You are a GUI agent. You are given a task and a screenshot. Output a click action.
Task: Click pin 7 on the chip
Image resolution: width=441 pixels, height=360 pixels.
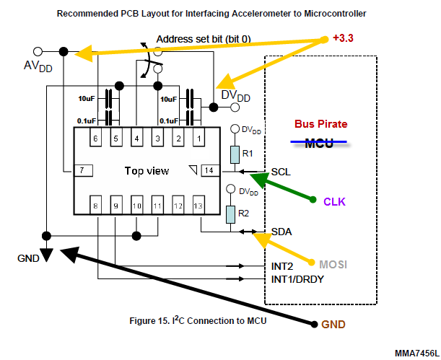83,170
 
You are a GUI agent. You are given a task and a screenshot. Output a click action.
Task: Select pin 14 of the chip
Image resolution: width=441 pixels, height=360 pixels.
210,170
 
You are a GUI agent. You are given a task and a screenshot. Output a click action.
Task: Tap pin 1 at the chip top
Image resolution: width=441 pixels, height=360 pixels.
198,138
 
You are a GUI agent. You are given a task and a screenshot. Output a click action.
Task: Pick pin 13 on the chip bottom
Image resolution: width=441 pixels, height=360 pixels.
198,205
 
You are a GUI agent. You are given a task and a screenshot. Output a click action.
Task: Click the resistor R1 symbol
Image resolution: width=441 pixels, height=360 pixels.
235,154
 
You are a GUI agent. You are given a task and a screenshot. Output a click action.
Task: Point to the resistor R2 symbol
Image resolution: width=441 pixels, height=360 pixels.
231,214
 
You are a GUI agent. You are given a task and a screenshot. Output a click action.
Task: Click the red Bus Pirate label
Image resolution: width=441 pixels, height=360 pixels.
321,124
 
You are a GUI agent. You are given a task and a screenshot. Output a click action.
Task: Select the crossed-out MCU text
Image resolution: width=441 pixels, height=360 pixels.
319,144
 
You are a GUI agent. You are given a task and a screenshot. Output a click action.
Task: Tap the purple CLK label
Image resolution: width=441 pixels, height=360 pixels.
334,202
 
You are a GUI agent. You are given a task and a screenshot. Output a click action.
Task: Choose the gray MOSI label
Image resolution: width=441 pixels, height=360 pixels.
333,265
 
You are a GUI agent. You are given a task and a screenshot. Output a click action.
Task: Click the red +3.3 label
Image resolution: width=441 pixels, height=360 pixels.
343,38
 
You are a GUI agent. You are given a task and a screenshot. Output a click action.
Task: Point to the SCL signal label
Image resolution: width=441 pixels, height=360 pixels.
281,172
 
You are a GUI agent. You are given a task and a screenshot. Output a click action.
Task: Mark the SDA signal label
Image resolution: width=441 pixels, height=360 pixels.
281,232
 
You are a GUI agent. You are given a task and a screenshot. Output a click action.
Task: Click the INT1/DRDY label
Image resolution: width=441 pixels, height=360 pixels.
297,279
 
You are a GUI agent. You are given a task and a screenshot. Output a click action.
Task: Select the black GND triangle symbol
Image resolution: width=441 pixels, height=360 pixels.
46,255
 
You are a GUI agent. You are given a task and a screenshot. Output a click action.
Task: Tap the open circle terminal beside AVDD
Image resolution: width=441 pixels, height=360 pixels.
38,52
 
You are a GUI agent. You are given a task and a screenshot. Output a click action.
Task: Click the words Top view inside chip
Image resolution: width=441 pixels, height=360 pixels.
147,171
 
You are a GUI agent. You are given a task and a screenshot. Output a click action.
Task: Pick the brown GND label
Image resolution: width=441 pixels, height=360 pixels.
333,325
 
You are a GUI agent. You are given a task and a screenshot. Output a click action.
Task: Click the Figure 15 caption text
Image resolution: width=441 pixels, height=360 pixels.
198,320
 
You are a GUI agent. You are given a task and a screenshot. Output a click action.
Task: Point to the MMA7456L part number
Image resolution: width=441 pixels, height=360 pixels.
417,354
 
